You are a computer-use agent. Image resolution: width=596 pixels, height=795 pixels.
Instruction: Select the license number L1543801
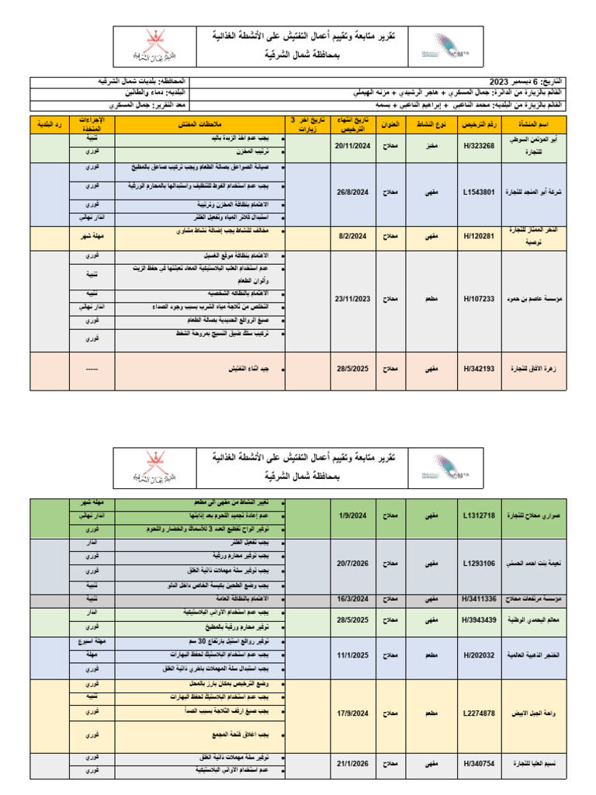(x=478, y=191)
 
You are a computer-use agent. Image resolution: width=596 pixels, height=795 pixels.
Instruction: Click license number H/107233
(x=478, y=297)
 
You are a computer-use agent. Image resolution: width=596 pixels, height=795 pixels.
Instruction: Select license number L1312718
(x=478, y=515)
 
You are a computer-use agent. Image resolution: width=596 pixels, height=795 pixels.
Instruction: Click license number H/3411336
(x=478, y=598)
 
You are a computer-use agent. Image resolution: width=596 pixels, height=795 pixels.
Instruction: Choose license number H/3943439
(x=478, y=620)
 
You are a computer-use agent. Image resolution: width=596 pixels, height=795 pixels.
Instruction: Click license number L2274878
(x=478, y=712)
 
